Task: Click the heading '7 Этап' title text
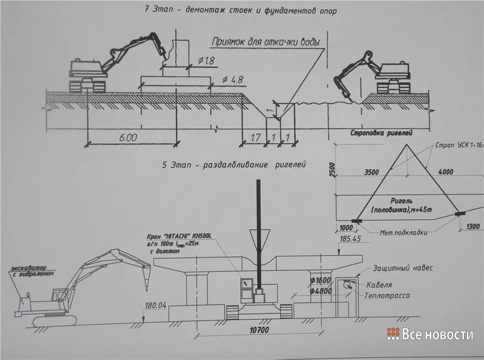pyautogui.click(x=240, y=10)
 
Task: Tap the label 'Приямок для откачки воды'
pyautogui.click(x=266, y=41)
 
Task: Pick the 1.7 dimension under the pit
pyautogui.click(x=255, y=138)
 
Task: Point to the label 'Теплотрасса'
pyautogui.click(x=386, y=296)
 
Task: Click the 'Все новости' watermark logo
pyautogui.click(x=430, y=334)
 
